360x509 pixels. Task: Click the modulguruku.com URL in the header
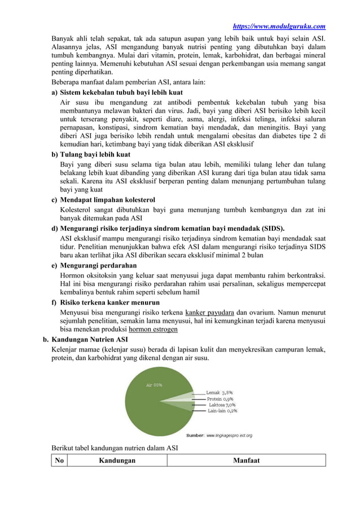279,26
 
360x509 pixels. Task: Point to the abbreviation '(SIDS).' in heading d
272,229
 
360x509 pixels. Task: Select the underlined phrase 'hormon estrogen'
153,329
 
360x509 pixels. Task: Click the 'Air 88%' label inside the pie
154,385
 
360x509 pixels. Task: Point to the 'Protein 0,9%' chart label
221,398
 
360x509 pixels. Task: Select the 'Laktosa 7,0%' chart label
222,405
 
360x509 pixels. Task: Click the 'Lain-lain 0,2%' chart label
222,411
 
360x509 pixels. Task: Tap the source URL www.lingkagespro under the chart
229,435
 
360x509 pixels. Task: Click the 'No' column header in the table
58,460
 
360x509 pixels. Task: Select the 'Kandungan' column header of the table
117,460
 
